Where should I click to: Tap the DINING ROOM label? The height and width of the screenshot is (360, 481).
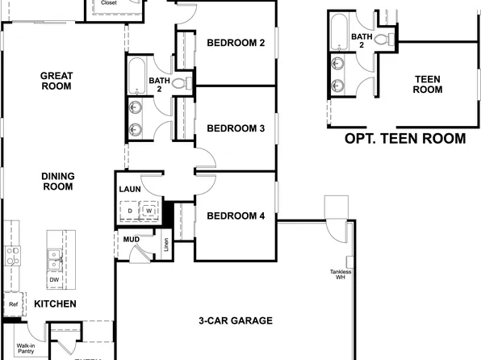tap(56, 181)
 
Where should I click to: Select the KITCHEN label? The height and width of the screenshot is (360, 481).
tap(55, 304)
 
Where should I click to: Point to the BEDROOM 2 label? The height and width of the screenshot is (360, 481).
tap(236, 44)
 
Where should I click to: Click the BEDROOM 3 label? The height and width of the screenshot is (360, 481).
tap(236, 128)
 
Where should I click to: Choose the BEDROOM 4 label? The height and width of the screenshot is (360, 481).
tap(236, 216)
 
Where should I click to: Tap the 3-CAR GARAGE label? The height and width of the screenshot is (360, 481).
tap(236, 320)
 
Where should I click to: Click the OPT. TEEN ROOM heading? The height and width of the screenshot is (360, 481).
tap(404, 139)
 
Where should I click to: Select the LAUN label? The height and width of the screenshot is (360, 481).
tap(131, 190)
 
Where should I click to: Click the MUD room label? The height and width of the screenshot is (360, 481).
tap(131, 240)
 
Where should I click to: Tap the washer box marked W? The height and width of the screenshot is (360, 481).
tap(150, 211)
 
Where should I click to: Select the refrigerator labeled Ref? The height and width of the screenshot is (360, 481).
tap(13, 304)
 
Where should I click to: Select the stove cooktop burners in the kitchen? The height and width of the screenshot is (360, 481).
tap(12, 257)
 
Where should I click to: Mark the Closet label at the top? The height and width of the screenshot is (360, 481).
tap(108, 3)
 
